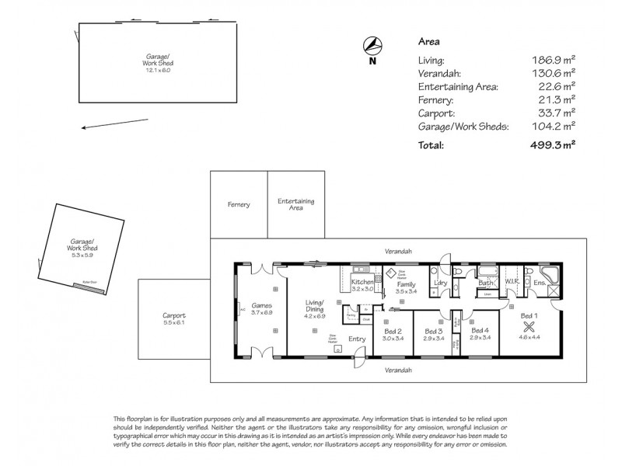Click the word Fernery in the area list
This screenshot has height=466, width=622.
(x=435, y=99)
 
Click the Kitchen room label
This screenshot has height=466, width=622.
(x=362, y=282)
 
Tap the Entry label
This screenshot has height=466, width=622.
(x=357, y=338)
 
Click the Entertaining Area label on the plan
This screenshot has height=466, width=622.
(x=295, y=204)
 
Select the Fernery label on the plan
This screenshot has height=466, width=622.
(x=239, y=204)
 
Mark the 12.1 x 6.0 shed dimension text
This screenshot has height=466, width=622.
(x=157, y=71)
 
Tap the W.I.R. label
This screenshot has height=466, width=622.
(x=512, y=281)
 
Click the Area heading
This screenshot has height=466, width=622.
(x=429, y=42)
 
